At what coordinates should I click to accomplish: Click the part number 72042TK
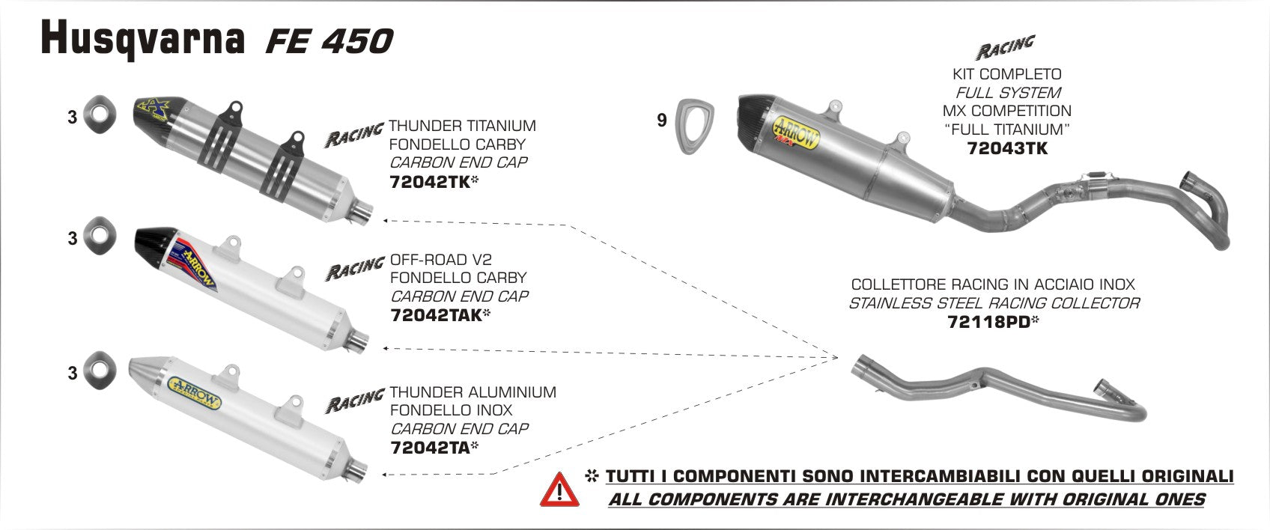point(430,181)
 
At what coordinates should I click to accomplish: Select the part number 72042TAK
point(436,315)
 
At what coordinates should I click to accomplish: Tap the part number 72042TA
point(430,448)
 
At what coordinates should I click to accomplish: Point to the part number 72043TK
point(1007,148)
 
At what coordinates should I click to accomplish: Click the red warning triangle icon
point(558,487)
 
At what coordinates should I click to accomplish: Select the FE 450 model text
point(329,42)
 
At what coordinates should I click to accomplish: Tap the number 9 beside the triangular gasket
point(661,121)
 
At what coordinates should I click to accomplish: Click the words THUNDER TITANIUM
point(462,126)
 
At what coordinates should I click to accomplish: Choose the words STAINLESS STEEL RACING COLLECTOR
point(994,303)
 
